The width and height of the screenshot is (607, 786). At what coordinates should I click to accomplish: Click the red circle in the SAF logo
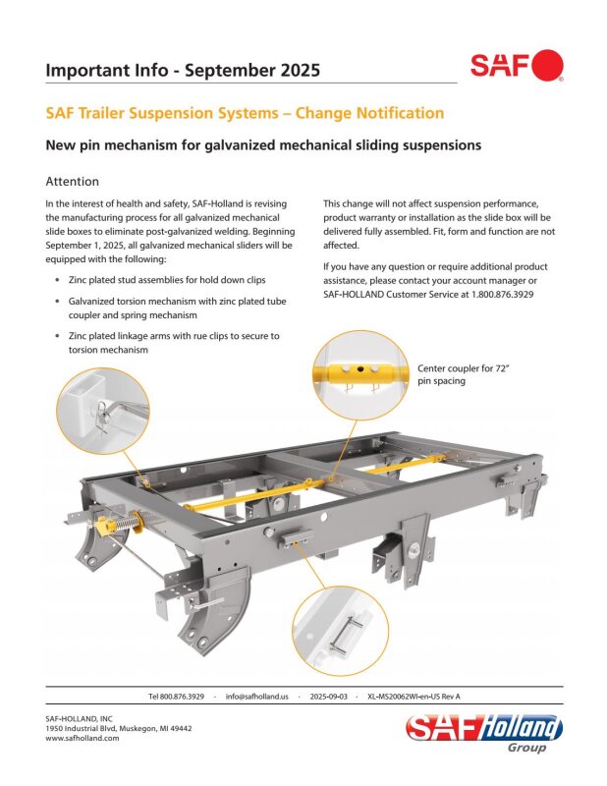point(547,65)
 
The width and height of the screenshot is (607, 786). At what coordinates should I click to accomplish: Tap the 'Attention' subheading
point(72,182)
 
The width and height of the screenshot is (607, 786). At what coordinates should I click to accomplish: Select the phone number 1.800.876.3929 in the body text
point(502,294)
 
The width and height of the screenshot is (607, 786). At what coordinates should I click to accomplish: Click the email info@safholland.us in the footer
point(257,697)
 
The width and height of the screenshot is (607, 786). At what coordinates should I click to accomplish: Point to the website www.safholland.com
point(83,738)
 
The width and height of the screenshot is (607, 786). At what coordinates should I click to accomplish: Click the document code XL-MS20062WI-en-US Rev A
point(414,697)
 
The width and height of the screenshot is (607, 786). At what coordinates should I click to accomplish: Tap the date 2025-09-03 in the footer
point(328,697)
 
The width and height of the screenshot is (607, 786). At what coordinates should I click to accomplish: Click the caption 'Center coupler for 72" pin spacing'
point(464,374)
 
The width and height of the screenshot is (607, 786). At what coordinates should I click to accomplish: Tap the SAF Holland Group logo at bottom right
point(483,733)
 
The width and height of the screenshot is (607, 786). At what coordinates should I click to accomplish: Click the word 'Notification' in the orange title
point(400,113)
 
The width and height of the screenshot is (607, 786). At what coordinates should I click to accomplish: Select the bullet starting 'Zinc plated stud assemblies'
point(167,280)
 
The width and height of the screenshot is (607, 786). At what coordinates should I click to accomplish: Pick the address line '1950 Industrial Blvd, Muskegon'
point(119,728)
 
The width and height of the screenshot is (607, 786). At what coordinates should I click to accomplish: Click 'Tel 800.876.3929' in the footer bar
point(176,697)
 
